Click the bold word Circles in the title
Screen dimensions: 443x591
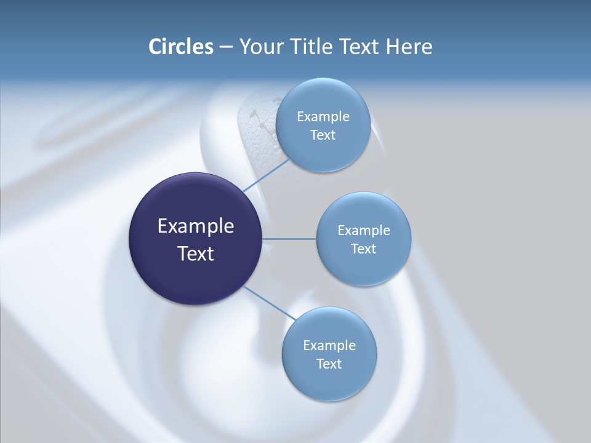[180, 47]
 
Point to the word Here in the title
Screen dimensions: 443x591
[409, 47]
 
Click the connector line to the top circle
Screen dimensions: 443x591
[265, 174]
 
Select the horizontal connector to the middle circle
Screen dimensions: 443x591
[289, 239]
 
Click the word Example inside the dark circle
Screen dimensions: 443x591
[196, 226]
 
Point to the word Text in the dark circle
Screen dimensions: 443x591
[196, 253]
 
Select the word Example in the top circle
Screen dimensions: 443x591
[323, 116]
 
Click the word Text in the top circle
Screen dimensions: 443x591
[323, 135]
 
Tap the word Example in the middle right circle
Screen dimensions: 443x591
[364, 230]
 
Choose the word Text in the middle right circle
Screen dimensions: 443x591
[363, 249]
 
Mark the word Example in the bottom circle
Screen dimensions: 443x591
[329, 345]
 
